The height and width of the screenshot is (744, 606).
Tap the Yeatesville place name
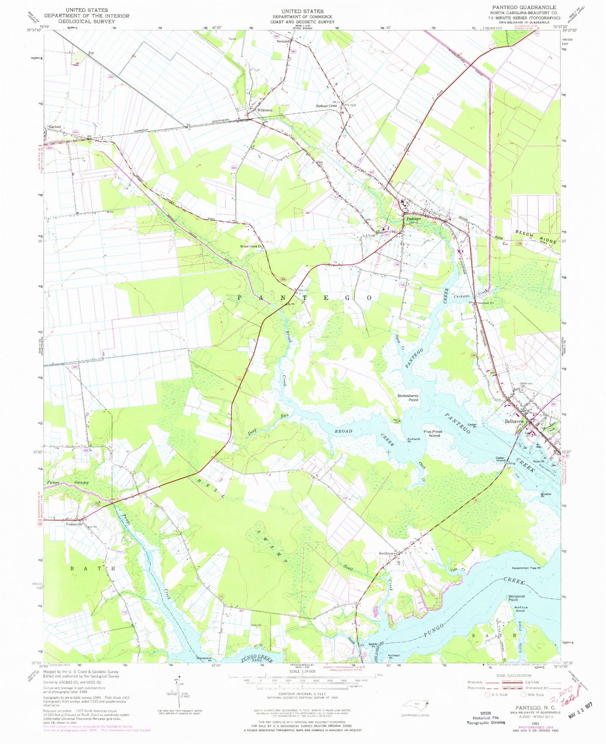point(74,524)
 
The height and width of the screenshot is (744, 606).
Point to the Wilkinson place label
point(265,110)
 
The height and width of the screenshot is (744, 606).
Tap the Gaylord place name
point(55,127)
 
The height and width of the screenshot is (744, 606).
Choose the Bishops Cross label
point(326,106)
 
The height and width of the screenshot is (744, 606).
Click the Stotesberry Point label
point(408,398)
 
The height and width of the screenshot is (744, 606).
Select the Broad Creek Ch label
point(251,246)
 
